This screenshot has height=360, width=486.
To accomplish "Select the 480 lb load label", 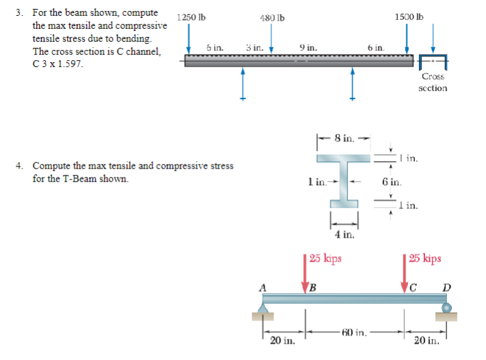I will click(x=273, y=18).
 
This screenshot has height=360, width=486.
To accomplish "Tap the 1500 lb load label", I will click(x=407, y=16).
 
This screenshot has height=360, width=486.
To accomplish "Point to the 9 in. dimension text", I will click(x=308, y=48).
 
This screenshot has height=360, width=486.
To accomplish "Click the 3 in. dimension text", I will click(x=254, y=48).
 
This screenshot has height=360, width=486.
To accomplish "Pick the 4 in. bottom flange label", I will click(x=345, y=234).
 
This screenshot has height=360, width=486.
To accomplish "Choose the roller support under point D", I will click(x=446, y=311).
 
